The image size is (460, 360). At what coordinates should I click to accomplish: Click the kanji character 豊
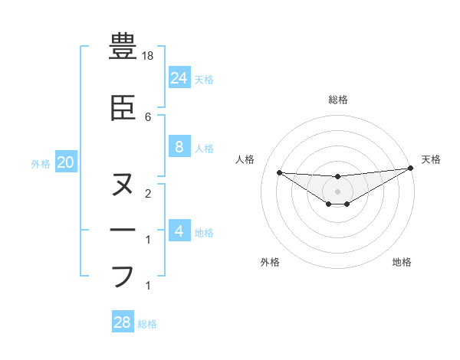click(123, 47)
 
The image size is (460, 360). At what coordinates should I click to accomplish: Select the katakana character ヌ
click(123, 185)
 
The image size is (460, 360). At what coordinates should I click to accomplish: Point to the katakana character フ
click(123, 275)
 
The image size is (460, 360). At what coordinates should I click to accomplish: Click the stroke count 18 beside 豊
click(149, 56)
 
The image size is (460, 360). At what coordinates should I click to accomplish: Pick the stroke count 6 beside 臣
click(148, 116)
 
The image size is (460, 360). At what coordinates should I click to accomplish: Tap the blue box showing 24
click(179, 77)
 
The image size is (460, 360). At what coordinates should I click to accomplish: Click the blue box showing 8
click(179, 147)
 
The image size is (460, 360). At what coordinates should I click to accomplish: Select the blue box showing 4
click(179, 231)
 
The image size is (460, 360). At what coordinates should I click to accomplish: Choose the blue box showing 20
click(65, 162)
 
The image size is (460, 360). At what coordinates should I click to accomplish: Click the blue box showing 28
click(123, 322)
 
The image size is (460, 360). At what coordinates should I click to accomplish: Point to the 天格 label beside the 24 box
click(204, 79)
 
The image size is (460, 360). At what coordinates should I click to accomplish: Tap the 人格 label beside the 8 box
click(204, 149)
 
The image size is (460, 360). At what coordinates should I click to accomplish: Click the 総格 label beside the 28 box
click(147, 324)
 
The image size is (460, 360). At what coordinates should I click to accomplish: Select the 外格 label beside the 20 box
click(41, 163)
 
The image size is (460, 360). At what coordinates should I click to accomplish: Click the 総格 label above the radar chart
click(337, 100)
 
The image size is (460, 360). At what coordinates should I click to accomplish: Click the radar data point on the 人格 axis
click(279, 172)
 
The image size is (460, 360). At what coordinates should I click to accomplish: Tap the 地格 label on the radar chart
click(402, 262)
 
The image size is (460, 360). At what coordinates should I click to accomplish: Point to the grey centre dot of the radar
click(337, 191)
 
